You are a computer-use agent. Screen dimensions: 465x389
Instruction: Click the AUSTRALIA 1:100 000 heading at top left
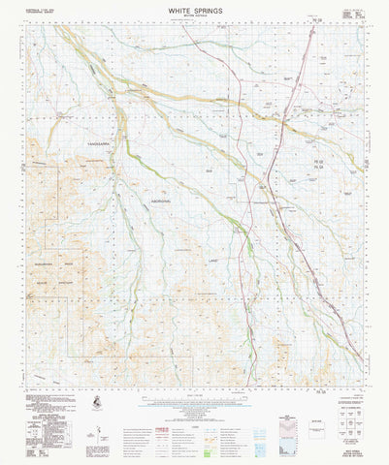pyautogui.click(x=34, y=13)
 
